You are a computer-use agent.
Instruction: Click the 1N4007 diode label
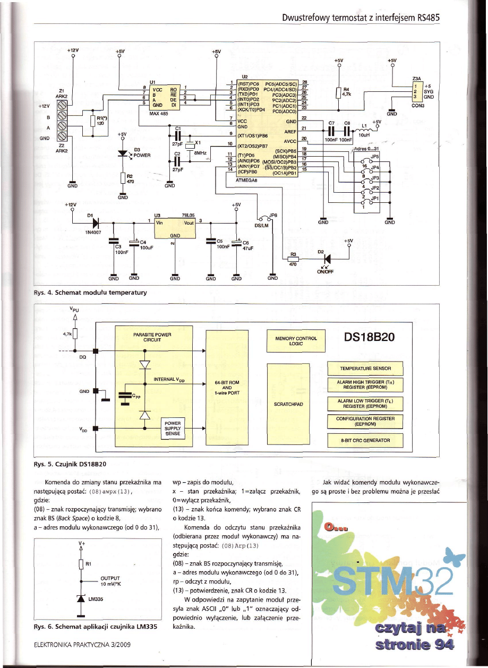click(93, 232)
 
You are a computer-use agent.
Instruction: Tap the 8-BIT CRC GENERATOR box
click(365, 440)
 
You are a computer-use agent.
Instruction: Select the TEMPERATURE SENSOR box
click(365, 368)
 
